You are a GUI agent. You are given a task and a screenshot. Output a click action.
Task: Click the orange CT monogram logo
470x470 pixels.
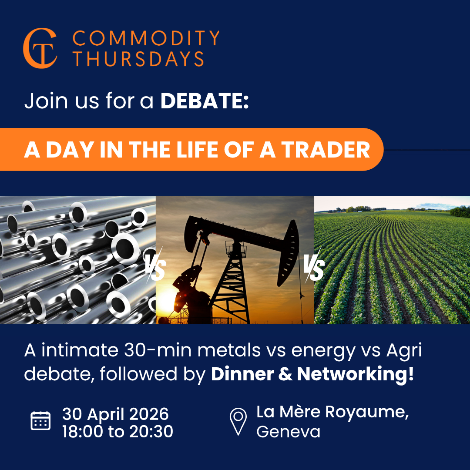40,48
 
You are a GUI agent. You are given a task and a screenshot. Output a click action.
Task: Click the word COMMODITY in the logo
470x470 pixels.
146,39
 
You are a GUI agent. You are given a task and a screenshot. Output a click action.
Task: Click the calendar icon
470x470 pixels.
40,421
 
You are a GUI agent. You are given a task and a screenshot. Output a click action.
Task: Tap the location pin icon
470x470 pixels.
238,420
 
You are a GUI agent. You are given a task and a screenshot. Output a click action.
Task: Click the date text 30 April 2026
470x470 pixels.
115,413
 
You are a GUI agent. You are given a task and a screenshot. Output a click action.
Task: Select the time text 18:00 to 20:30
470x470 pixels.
117,432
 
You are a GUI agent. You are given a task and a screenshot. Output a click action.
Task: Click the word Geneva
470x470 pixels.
288,432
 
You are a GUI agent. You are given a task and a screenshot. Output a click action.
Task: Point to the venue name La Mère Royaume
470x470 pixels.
332,412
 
